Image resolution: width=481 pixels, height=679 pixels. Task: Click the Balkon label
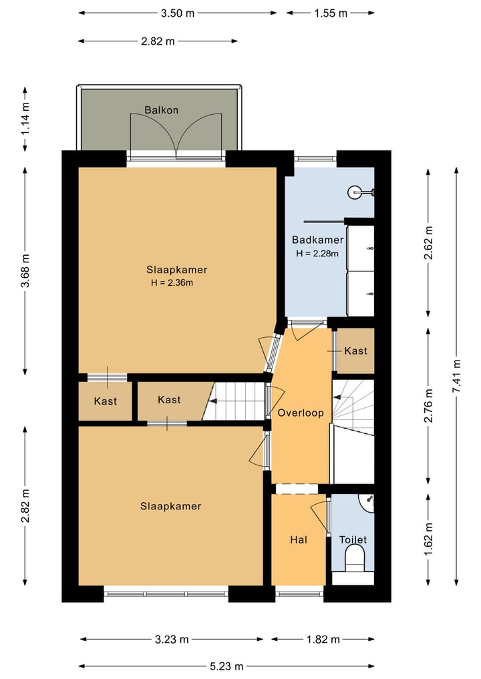point(161,110)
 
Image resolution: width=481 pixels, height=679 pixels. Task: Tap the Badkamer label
point(317,240)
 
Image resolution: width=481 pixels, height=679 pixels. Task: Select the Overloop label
point(301,413)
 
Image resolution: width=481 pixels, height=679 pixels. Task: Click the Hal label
point(299,539)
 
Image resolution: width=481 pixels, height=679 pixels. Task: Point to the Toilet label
point(353,539)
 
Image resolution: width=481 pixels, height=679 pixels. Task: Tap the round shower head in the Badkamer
point(355,193)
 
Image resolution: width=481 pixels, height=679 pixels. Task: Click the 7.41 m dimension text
point(456,377)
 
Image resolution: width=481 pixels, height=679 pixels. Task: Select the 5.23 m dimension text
point(226,666)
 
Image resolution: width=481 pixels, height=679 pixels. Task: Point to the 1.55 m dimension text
point(331,13)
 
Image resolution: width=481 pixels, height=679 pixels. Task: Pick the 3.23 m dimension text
point(172,639)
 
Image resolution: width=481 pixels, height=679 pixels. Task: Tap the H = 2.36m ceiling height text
point(172,283)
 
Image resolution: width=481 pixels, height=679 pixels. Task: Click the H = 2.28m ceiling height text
point(317,253)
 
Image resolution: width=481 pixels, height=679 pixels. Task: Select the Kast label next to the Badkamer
point(356,351)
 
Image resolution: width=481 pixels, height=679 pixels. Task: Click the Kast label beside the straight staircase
point(169,400)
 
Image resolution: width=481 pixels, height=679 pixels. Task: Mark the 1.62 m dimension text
point(428,539)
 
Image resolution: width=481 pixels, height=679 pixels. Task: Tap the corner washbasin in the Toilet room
point(367,501)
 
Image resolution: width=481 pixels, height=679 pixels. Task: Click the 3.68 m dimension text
point(25,270)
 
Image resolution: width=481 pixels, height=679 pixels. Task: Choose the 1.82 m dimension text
point(323,639)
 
